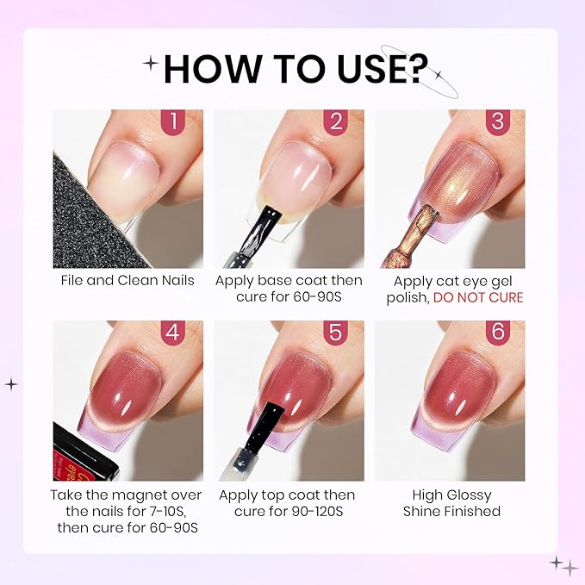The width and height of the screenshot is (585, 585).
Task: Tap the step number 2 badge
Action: [x=336, y=121]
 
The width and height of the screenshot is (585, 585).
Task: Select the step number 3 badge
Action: [x=496, y=121]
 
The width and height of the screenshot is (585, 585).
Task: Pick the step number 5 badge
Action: [x=336, y=333]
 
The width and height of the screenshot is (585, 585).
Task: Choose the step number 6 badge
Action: [x=496, y=333]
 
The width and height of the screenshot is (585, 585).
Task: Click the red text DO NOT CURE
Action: [x=478, y=297]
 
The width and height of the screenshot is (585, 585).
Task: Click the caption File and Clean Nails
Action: [x=128, y=281]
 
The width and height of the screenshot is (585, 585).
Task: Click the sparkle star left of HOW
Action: [x=152, y=63]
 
